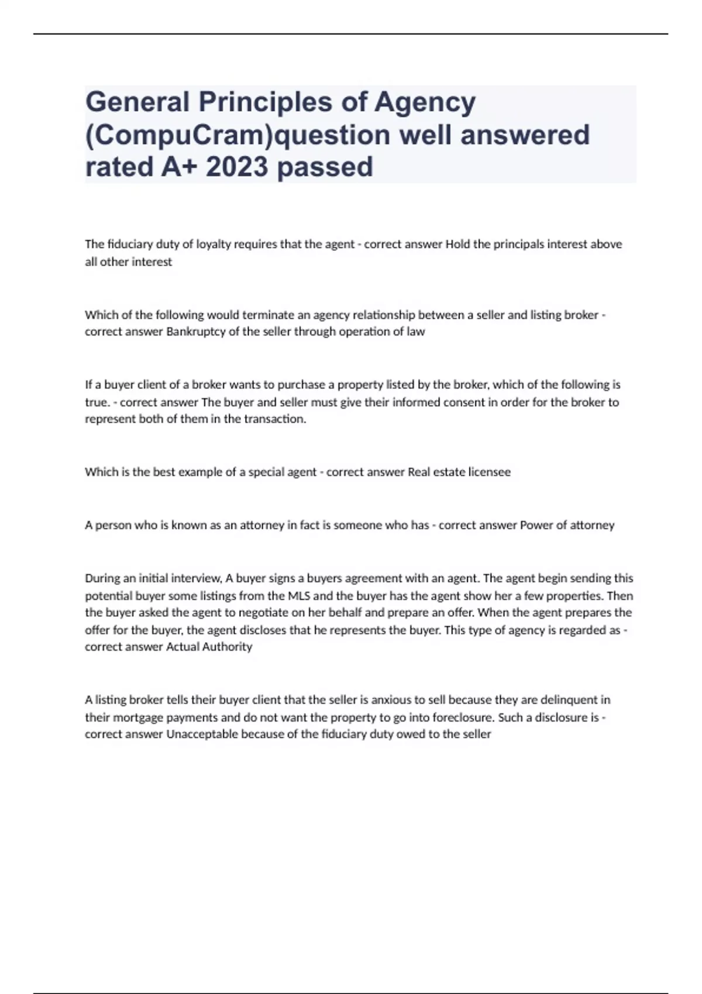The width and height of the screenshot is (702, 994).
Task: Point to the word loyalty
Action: point(210,244)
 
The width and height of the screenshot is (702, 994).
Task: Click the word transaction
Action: point(275,419)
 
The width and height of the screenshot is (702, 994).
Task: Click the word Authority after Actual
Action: point(228,647)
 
